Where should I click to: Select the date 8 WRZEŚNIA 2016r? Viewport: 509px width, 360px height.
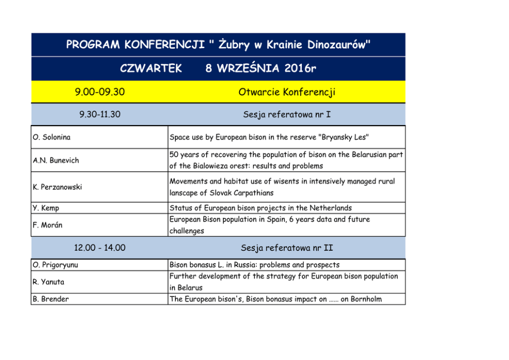click(x=261, y=69)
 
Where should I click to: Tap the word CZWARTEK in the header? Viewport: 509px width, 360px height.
click(x=151, y=69)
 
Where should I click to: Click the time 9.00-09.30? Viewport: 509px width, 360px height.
click(x=100, y=92)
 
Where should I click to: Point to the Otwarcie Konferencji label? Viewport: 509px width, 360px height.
click(x=287, y=92)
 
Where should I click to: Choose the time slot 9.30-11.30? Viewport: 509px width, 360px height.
click(x=100, y=114)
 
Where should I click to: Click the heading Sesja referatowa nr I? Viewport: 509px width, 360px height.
click(x=287, y=114)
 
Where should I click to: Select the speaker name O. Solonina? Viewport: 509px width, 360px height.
click(x=52, y=137)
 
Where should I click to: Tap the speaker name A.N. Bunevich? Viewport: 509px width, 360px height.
click(x=56, y=161)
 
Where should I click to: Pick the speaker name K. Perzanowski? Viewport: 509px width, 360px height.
click(x=57, y=187)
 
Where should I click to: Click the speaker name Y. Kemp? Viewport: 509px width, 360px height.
click(x=46, y=208)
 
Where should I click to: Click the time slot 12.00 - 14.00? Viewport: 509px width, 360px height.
click(x=100, y=248)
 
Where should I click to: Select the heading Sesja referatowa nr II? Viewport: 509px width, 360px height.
click(x=287, y=248)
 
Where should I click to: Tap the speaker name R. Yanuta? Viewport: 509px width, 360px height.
click(x=49, y=282)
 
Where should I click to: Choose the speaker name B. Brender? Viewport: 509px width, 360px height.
click(x=50, y=299)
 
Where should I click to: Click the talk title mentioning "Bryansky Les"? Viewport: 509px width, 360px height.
click(x=269, y=137)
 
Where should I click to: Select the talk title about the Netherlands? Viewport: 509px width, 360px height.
click(x=261, y=208)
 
